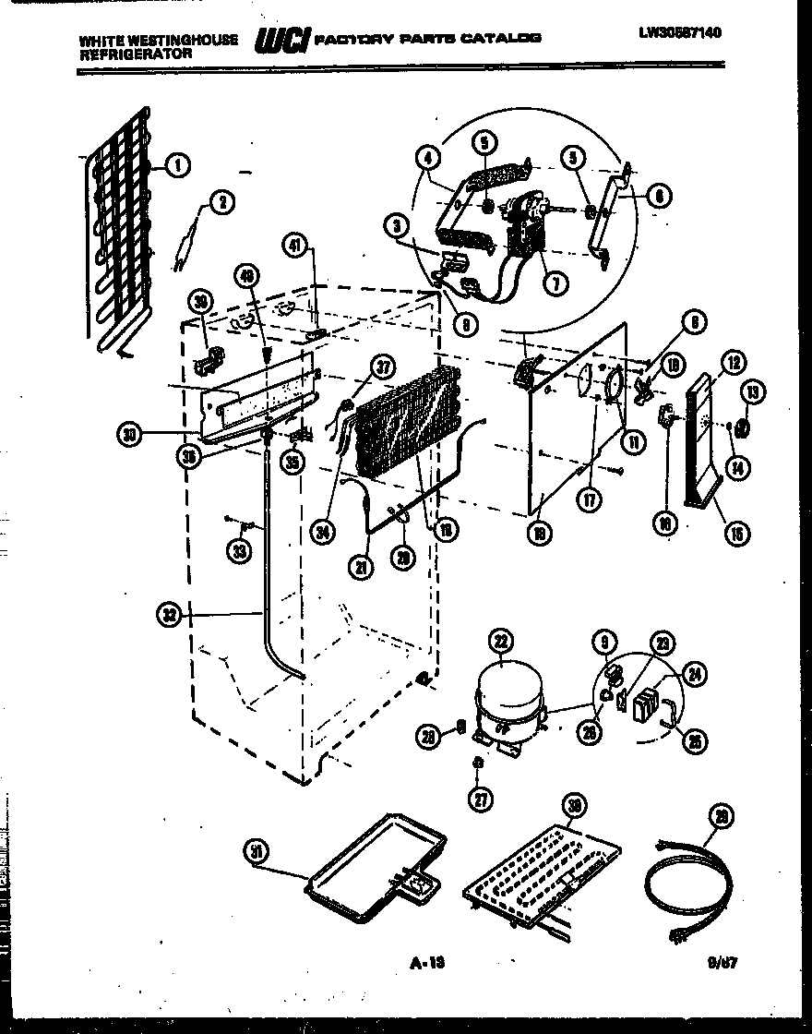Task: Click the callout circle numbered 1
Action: click(177, 165)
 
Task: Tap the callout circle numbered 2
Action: click(221, 203)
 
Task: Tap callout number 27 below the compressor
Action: click(479, 799)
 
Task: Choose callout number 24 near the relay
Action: click(696, 675)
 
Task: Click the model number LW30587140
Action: click(678, 32)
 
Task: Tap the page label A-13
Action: click(426, 963)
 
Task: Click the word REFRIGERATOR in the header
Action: click(136, 54)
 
